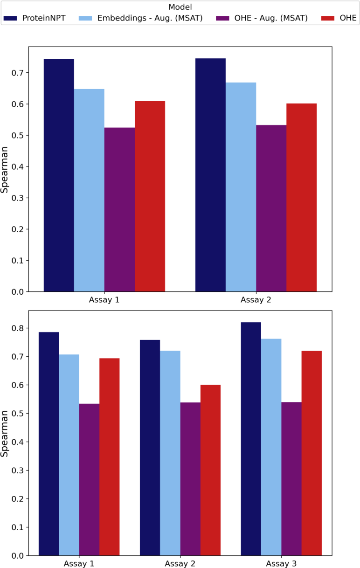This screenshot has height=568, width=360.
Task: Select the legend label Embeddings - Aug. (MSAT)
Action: pos(150,19)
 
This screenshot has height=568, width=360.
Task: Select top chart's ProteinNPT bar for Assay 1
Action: pos(59,175)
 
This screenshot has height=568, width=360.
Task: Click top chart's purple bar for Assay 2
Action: pos(271,208)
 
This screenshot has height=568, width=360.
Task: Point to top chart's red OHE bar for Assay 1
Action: pos(150,196)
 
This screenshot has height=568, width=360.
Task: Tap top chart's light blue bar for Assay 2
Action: pos(241,187)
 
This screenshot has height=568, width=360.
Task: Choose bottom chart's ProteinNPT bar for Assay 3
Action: pos(251,438)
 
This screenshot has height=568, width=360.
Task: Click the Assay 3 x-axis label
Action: pos(281,563)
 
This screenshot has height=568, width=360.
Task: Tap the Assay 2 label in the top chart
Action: pos(256,299)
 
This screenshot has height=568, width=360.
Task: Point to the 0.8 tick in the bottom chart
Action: pos(17,328)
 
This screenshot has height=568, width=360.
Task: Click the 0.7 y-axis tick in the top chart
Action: pos(17,73)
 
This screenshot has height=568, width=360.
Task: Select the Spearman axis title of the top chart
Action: pos(5,169)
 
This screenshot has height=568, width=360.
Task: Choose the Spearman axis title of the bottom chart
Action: pos(5,433)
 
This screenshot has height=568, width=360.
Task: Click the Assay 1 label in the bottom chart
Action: pos(79,563)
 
